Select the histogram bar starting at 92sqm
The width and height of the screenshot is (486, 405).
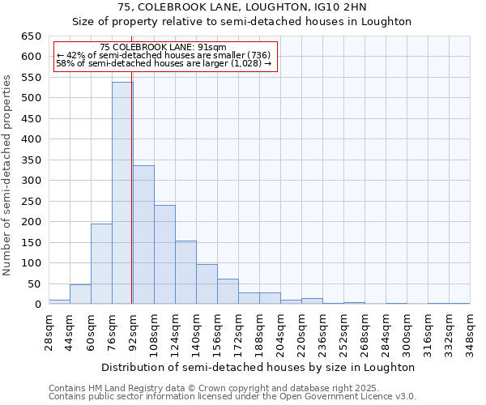click(x=143, y=235)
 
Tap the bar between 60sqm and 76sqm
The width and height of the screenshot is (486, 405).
click(x=101, y=264)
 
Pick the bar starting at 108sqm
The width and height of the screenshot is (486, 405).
click(x=164, y=254)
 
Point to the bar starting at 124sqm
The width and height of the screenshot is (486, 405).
click(x=185, y=272)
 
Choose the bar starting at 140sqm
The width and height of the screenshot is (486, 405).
click(x=207, y=284)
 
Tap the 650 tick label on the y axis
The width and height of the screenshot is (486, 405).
click(x=30, y=36)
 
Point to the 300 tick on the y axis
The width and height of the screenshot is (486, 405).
click(x=30, y=181)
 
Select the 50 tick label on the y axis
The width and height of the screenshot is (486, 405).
click(x=33, y=284)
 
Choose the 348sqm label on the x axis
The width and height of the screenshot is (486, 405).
click(x=471, y=330)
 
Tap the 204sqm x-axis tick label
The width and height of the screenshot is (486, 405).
click(x=281, y=330)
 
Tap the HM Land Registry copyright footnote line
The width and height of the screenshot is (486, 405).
click(x=214, y=388)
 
